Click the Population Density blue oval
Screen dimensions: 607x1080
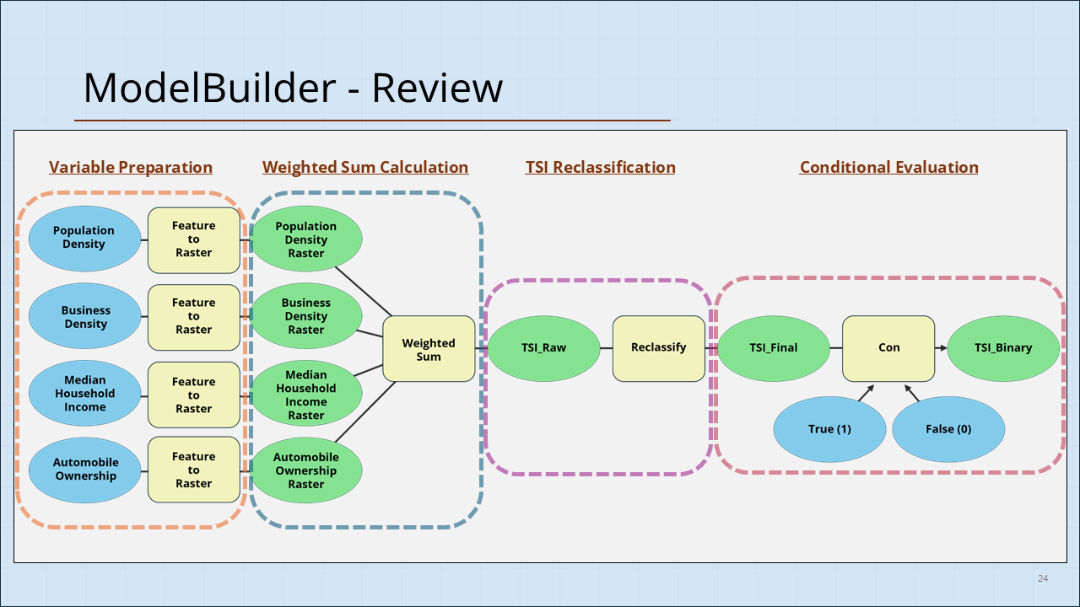[x=84, y=238]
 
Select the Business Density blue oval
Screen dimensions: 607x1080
[x=85, y=317]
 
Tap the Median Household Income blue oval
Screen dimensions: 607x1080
[x=85, y=394]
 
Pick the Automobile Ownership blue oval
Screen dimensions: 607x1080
[x=85, y=470]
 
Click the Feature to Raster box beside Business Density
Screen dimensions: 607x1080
[x=194, y=317]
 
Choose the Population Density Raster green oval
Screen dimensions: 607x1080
[x=306, y=239]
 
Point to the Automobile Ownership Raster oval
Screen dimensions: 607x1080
[x=306, y=470]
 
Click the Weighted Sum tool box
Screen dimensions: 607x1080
[x=429, y=349]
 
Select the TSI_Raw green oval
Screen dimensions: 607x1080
[x=543, y=347]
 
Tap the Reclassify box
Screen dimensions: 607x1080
[x=658, y=347]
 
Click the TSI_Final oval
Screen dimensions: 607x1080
[x=773, y=347]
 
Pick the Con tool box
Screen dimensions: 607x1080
[x=888, y=347]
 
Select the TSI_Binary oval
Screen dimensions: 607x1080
[x=1003, y=347]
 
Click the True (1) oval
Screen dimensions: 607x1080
[x=829, y=429]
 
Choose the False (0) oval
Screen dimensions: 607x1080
[x=948, y=429]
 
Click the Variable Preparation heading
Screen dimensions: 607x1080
[x=131, y=167]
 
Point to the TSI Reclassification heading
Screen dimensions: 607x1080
[x=600, y=167]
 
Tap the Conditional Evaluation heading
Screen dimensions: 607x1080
[x=888, y=167]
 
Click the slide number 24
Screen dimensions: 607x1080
[x=1043, y=578]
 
